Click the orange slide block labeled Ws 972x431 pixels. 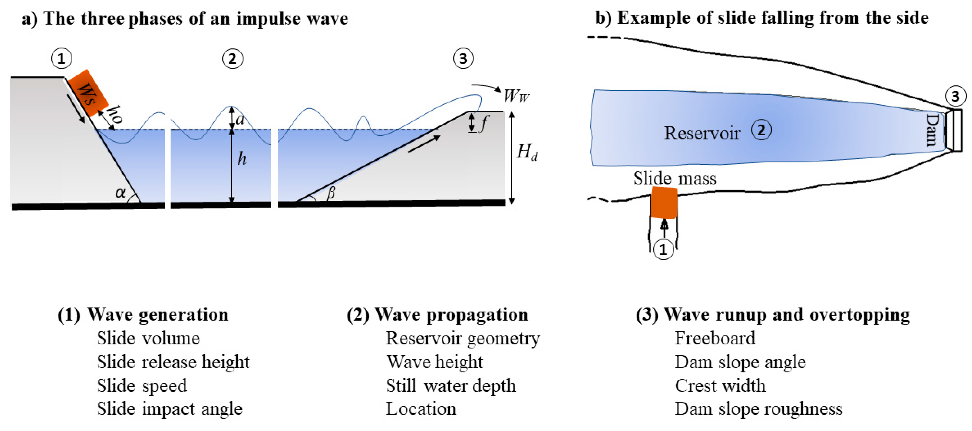tap(88, 93)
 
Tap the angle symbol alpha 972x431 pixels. tap(120, 193)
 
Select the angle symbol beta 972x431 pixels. tap(331, 193)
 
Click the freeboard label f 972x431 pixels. tap(483, 123)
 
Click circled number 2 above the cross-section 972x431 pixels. tap(232, 59)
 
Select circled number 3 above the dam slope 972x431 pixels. tap(463, 59)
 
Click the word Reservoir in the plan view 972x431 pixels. tap(701, 133)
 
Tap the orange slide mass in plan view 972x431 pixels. tap(664, 202)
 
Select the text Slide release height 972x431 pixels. tap(173, 362)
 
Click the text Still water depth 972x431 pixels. tap(450, 386)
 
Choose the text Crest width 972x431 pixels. tap(720, 386)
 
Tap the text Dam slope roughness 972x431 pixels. tap(758, 409)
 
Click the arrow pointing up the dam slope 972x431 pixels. tap(424, 145)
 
